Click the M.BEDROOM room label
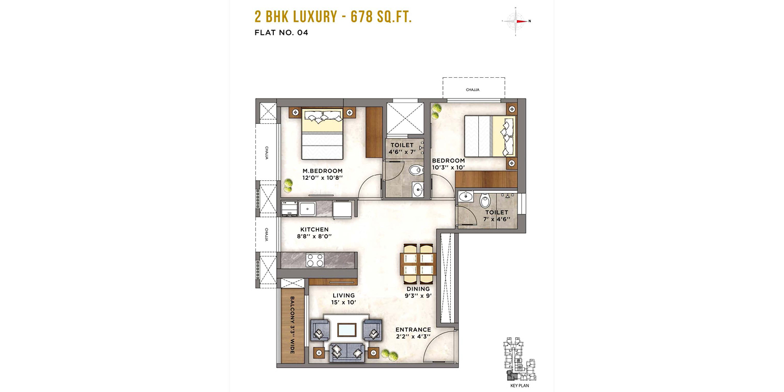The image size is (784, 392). [323, 171]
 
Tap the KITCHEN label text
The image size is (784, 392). [314, 229]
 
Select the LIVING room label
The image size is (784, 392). [344, 296]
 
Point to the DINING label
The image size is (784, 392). [418, 289]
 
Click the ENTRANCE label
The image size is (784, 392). [413, 330]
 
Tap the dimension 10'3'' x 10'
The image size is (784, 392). [449, 167]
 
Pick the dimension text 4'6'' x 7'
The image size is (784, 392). [402, 152]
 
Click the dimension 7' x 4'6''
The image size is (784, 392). [497, 220]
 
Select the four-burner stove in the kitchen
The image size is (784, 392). [315, 260]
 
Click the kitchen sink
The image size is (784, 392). [307, 209]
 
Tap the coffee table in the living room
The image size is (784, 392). [347, 330]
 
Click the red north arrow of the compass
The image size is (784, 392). [521, 21]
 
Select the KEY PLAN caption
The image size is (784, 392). [520, 386]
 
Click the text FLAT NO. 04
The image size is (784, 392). [281, 32]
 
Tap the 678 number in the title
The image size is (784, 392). [362, 17]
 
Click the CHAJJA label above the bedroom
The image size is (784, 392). [473, 90]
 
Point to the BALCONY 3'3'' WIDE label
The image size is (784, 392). [292, 325]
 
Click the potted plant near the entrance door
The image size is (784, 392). [390, 354]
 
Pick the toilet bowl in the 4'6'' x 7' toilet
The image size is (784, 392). [416, 170]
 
